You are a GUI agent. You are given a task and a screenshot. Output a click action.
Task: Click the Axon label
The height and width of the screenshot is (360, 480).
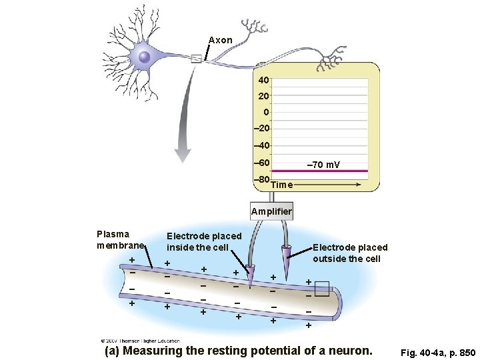220,40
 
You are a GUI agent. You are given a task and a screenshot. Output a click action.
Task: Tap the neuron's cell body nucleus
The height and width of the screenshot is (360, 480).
144,57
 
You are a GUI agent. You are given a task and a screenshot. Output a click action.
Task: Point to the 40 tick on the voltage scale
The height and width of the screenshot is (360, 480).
263,80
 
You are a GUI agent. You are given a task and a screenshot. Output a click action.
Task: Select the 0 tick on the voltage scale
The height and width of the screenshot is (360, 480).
265,112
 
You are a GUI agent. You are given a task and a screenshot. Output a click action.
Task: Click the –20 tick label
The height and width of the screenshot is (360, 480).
261,129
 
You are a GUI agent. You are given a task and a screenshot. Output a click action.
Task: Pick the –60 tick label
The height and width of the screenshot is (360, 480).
261,163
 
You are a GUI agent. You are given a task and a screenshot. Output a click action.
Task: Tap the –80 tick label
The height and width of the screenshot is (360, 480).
261,179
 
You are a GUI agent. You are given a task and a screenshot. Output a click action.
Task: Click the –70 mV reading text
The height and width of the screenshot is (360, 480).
323,164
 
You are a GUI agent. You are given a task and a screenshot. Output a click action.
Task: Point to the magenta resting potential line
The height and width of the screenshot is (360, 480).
320,171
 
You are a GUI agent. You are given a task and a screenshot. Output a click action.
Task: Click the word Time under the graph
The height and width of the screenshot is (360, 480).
282,185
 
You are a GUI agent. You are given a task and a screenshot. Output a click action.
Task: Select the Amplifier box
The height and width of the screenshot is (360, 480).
271,211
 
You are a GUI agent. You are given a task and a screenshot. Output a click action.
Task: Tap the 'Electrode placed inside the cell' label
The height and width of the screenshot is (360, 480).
203,241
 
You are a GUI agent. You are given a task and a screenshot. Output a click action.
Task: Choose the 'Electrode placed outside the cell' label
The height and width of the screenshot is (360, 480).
349,253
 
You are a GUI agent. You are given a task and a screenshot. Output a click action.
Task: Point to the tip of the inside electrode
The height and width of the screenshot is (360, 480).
251,280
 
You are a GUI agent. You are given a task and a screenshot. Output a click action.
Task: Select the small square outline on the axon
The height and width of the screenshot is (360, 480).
322,289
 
